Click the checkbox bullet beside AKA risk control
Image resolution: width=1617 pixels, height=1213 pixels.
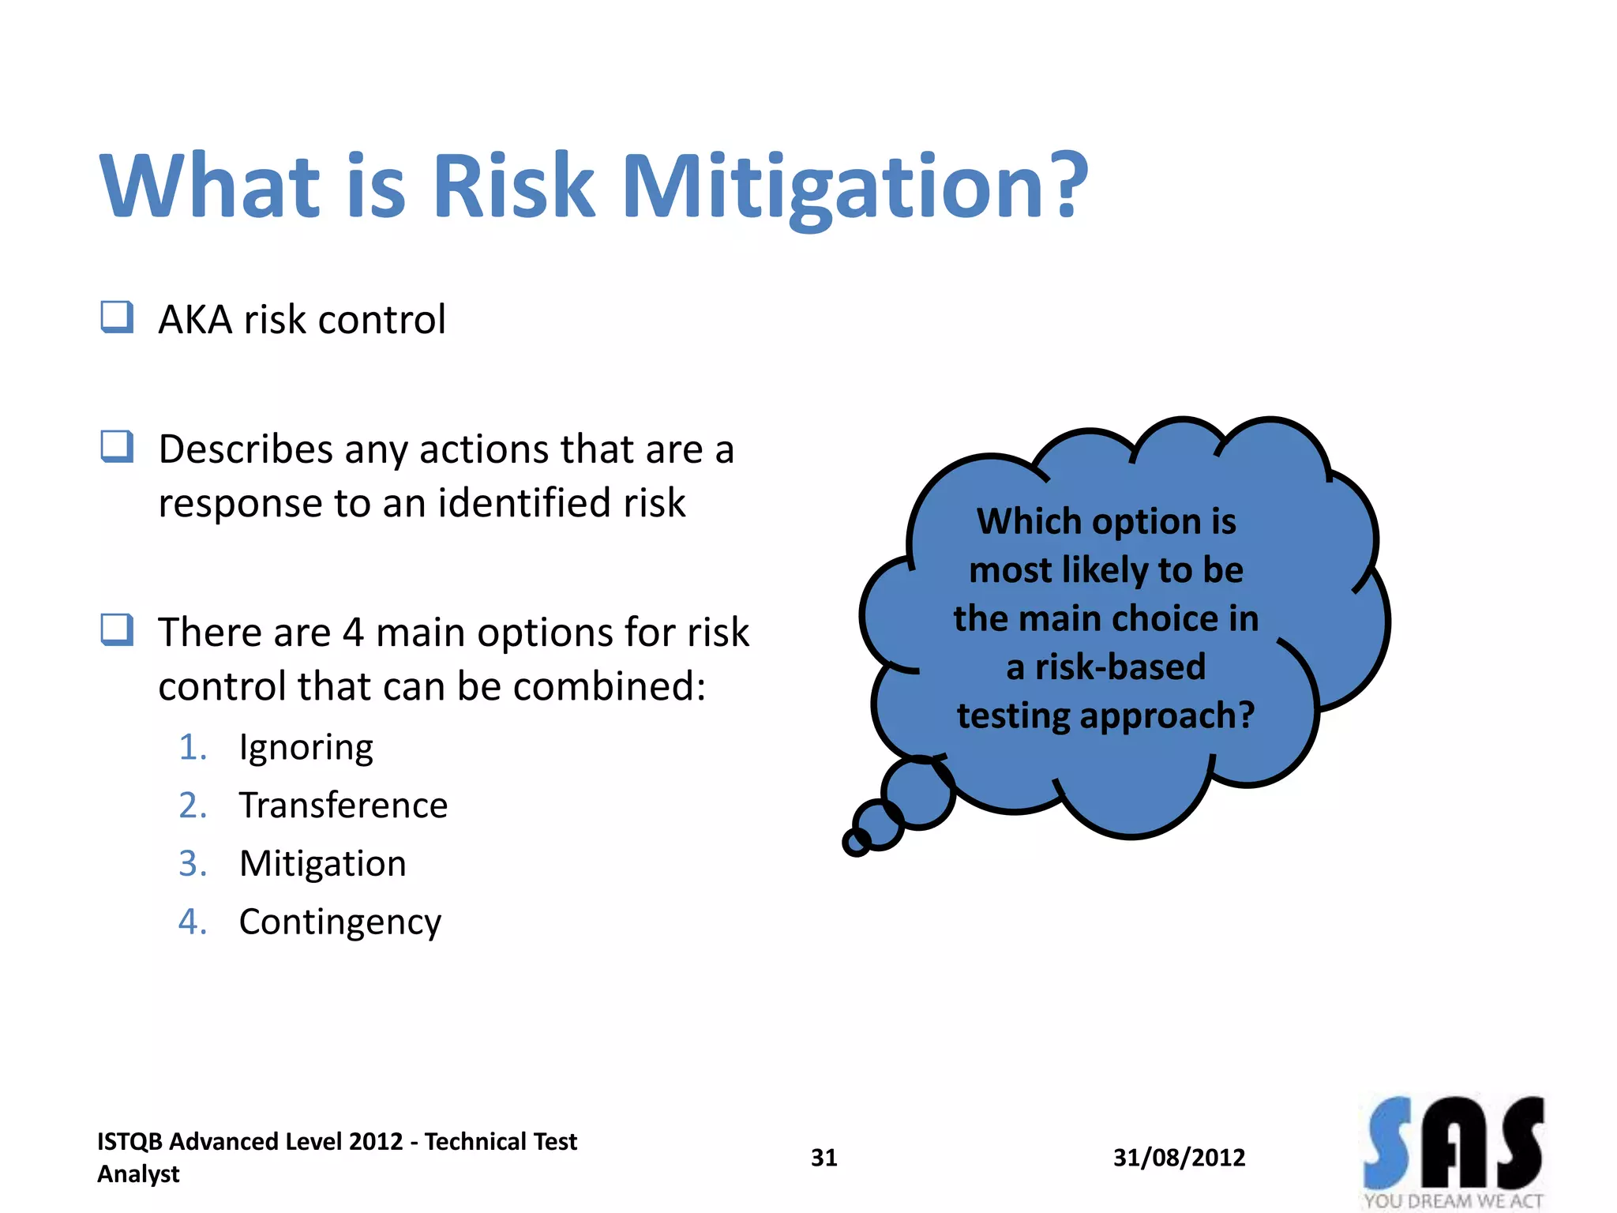117,317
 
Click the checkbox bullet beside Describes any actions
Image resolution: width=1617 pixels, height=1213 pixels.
117,447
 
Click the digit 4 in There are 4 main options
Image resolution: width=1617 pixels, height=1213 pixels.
353,633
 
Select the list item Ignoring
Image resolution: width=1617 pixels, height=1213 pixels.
306,748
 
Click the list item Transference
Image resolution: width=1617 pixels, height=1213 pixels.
343,806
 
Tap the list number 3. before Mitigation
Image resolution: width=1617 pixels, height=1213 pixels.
193,863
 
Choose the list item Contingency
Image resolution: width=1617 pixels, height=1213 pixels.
340,922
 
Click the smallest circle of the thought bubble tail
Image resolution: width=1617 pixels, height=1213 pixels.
856,843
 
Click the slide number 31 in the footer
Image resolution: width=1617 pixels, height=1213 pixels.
824,1158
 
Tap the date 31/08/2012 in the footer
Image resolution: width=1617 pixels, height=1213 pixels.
1179,1158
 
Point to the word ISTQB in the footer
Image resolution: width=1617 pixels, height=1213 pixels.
129,1142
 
